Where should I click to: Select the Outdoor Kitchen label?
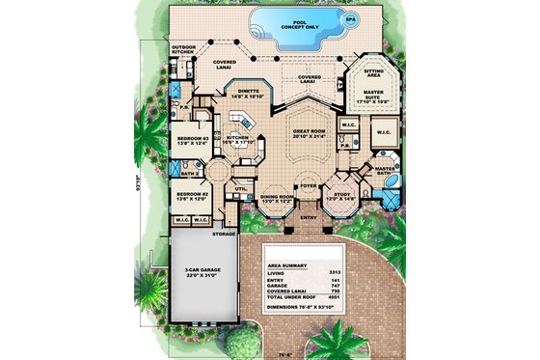tap(186, 48)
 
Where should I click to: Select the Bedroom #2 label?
tap(188, 197)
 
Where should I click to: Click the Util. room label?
tap(242, 190)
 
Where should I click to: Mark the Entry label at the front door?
tap(310, 217)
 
